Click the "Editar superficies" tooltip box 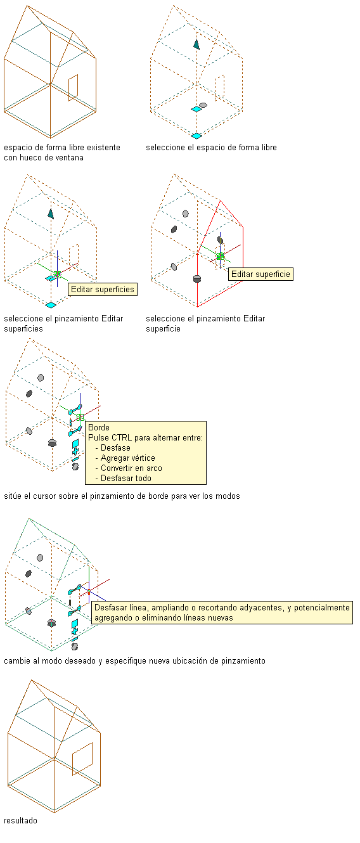click(x=103, y=290)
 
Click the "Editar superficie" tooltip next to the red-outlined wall click(x=260, y=274)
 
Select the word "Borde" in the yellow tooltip click(x=99, y=427)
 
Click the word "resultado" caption click(x=20, y=820)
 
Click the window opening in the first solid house click(x=74, y=87)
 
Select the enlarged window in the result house click(x=82, y=759)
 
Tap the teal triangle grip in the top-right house click(x=196, y=44)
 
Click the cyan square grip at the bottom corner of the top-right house click(x=196, y=136)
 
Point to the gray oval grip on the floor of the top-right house click(x=203, y=105)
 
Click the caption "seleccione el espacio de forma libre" click(x=211, y=148)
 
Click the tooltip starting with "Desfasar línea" click(x=222, y=612)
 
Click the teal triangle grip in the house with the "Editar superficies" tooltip click(x=51, y=214)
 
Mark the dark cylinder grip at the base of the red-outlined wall click(x=196, y=279)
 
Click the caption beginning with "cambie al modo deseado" click(x=134, y=661)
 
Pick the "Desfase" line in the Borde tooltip click(x=115, y=448)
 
